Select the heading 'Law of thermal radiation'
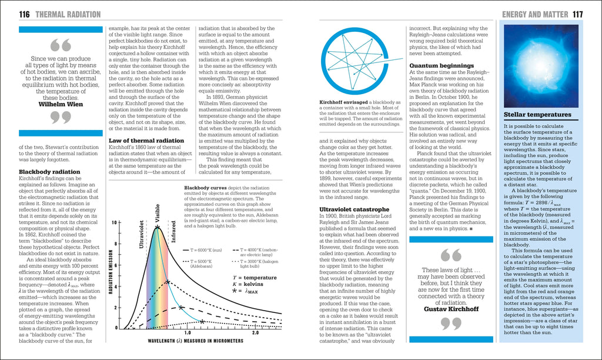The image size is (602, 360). click(146, 141)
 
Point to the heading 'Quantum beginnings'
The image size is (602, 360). click(442, 65)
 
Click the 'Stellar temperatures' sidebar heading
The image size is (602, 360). click(537, 115)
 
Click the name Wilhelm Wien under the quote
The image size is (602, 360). click(61, 104)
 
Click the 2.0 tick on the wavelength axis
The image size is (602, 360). click(255, 333)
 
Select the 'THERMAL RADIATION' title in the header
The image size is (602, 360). click(68, 14)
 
